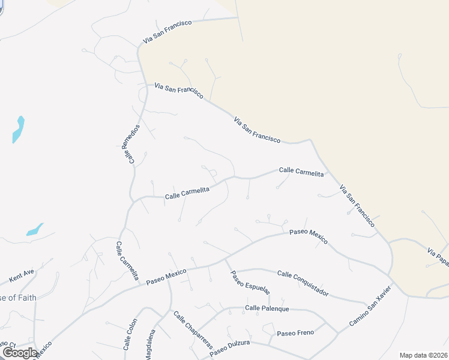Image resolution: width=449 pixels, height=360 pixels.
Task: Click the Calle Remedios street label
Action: (x=133, y=143)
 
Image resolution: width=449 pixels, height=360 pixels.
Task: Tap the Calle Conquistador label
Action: (x=303, y=283)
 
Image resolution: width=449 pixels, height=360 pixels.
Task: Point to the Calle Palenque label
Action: (x=267, y=308)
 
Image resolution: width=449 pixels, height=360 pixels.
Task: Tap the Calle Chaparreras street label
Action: (x=193, y=330)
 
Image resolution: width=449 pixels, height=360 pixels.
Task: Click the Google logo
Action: (x=19, y=353)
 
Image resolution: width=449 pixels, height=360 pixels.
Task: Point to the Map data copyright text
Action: (x=423, y=355)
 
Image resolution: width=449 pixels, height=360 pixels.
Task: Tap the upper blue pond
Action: (x=19, y=130)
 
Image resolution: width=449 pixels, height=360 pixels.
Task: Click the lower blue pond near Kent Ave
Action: (x=35, y=229)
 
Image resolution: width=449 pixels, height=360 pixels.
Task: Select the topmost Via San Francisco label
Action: (x=167, y=31)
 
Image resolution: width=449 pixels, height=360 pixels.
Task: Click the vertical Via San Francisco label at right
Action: (x=357, y=205)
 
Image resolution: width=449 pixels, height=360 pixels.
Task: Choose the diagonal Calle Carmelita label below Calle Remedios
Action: (x=127, y=262)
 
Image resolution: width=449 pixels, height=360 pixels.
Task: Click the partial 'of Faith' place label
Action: (x=18, y=298)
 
